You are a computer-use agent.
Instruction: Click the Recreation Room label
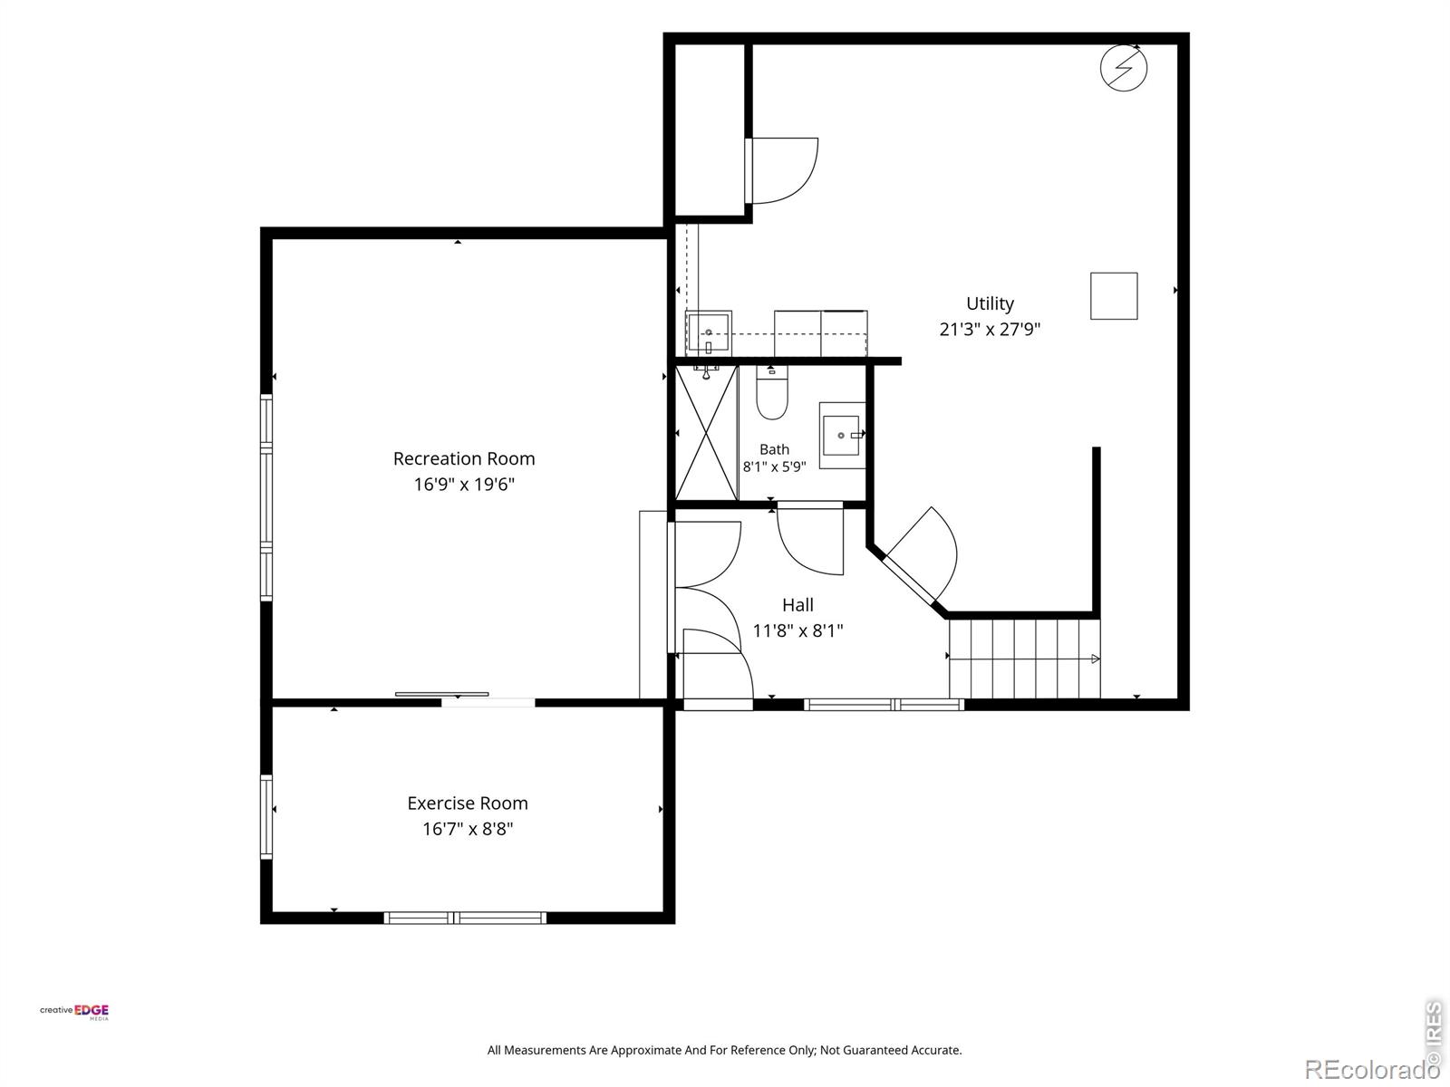coord(464,458)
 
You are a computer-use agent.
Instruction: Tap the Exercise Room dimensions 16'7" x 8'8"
coord(468,829)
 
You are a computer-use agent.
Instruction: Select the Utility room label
coord(990,303)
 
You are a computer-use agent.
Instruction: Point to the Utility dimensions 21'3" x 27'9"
coord(990,329)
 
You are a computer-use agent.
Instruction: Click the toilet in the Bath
coord(771,393)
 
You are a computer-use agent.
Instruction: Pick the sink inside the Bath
coord(842,436)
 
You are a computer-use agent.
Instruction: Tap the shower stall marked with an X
coord(706,433)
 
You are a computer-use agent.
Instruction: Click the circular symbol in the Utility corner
coord(1123,67)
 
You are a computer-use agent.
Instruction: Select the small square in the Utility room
coord(1114,295)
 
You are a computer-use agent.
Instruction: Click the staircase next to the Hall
coord(1025,658)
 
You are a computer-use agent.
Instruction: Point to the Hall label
coord(797,605)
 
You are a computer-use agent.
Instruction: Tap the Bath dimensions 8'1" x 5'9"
coord(774,467)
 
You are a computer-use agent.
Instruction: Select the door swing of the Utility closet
coord(783,170)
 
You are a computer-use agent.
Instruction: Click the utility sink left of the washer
coord(708,332)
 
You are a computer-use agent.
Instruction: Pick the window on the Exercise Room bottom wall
coord(465,918)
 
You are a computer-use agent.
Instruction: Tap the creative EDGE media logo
coord(74,1012)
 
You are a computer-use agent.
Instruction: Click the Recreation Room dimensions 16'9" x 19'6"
coord(464,485)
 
